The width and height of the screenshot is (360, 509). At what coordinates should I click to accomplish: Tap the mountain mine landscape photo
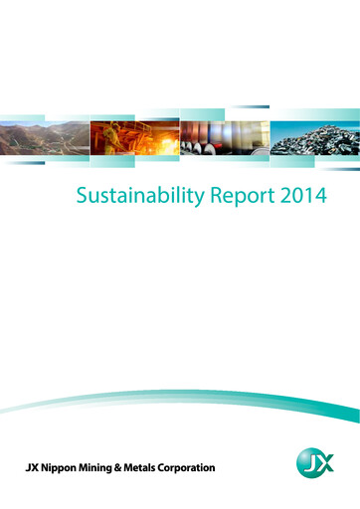coord(45,141)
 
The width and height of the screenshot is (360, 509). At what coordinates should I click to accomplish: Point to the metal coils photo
coord(224,141)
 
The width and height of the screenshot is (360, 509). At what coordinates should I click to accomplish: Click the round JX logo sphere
coord(315,465)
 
